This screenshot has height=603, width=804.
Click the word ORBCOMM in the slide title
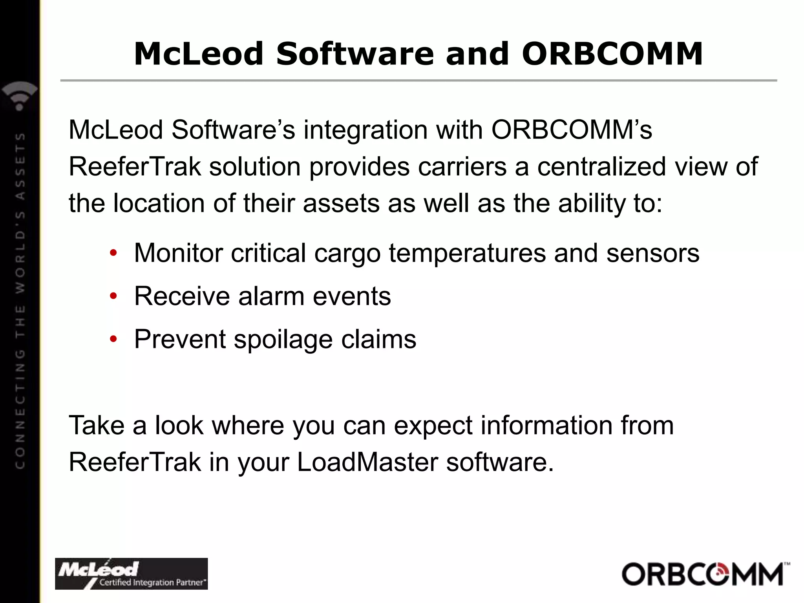point(612,54)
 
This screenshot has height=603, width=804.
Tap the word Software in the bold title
point(354,54)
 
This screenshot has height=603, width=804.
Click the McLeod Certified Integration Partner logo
point(131,574)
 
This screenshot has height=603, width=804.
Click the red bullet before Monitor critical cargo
point(113,253)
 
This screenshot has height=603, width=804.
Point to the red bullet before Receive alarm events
point(113,296)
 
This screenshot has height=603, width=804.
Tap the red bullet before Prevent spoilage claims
point(113,339)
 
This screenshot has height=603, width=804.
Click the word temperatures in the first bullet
point(467,253)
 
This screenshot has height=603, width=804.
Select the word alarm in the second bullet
point(271,296)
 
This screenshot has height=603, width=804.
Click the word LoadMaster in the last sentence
point(367,462)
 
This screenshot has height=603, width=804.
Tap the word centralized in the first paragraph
point(601,166)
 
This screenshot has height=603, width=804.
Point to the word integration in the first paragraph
point(365,130)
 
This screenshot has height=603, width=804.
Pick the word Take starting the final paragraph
point(96,426)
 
